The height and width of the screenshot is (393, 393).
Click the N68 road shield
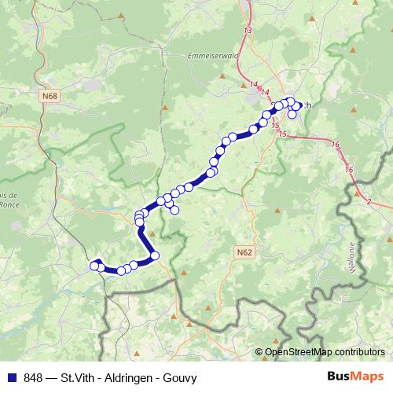(51, 96)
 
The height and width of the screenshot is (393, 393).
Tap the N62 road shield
(244, 252)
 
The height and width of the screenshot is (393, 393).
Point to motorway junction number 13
(249, 30)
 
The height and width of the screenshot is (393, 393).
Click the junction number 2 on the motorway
(368, 203)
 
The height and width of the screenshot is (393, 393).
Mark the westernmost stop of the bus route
(94, 266)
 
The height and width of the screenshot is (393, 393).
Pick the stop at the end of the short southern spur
(174, 210)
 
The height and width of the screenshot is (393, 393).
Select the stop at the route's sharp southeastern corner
(155, 255)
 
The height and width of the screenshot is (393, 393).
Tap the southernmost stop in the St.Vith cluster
(292, 115)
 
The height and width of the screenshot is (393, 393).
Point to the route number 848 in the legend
(31, 377)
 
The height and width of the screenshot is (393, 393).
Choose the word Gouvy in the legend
(180, 377)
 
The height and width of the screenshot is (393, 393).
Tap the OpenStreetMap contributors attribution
(324, 352)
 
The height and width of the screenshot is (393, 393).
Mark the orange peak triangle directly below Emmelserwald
(222, 76)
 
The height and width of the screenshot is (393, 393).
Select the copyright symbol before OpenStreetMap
(259, 352)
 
